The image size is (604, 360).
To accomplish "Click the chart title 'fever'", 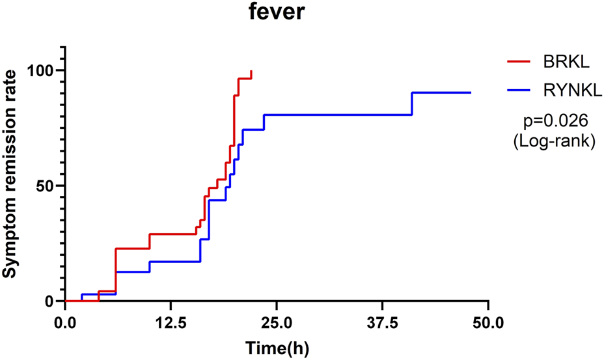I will coord(276,12).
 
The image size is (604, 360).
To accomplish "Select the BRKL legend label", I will coord(566,62).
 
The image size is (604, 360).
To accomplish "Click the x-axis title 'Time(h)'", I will coord(276,348).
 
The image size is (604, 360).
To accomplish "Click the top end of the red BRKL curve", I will coord(251,72).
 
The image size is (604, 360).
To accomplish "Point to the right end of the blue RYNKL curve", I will coord(470,92).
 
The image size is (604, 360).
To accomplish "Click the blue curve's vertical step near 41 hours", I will coord(412,104).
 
